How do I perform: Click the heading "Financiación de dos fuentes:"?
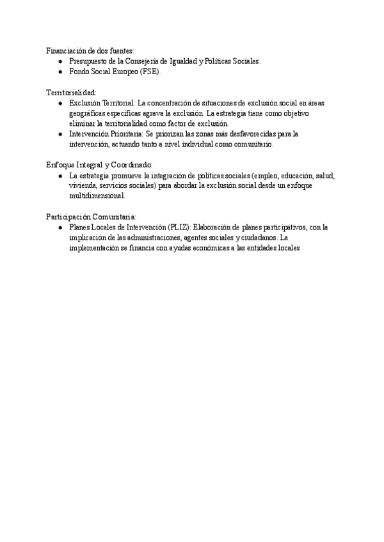pyautogui.click(x=90, y=50)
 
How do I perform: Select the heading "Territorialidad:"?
pyautogui.click(x=72, y=92)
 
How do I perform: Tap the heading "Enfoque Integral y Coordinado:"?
pyautogui.click(x=99, y=164)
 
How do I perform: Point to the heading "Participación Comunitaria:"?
pyautogui.click(x=91, y=216)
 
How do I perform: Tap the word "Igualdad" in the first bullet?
pyautogui.click(x=185, y=61)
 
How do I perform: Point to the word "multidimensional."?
pyautogui.click(x=97, y=196)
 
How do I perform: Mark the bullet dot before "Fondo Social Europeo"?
pyautogui.click(x=60, y=72)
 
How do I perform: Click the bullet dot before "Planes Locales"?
pyautogui.click(x=60, y=227)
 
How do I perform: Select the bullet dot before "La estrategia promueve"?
pyautogui.click(x=60, y=175)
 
